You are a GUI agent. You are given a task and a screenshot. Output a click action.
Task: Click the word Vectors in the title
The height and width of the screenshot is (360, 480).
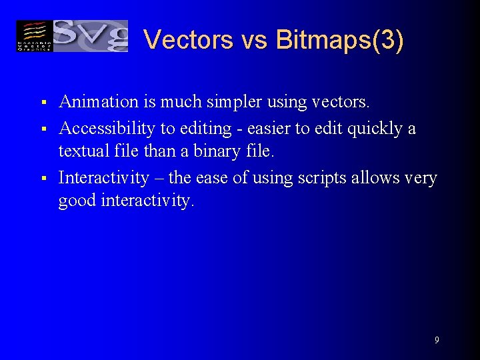pyautogui.click(x=189, y=40)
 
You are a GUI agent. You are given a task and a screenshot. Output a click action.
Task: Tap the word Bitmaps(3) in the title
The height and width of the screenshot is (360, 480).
pyautogui.click(x=339, y=40)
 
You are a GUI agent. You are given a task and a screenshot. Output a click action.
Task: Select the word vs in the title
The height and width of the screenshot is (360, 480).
pyautogui.click(x=254, y=40)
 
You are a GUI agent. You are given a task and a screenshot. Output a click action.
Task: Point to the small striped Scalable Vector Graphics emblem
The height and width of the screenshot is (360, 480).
pyautogui.click(x=33, y=36)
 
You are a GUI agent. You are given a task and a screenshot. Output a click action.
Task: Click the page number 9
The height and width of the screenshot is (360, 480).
pyautogui.click(x=437, y=340)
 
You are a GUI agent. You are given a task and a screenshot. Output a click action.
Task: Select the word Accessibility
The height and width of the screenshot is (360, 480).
pyautogui.click(x=107, y=128)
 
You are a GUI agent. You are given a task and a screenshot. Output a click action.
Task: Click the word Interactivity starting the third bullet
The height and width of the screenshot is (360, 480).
pyautogui.click(x=103, y=178)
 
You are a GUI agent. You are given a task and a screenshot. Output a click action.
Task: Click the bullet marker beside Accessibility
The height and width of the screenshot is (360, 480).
pyautogui.click(x=42, y=129)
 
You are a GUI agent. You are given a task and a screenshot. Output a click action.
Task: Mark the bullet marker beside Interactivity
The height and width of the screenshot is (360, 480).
pyautogui.click(x=42, y=179)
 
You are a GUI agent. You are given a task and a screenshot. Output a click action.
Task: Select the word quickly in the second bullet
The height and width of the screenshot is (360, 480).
pyautogui.click(x=375, y=128)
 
